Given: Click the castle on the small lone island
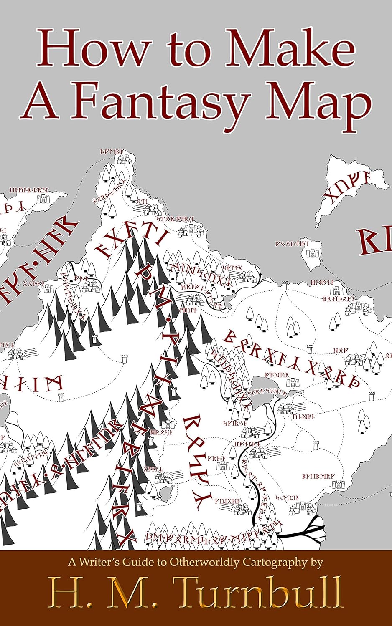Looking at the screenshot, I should tap(311, 254).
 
